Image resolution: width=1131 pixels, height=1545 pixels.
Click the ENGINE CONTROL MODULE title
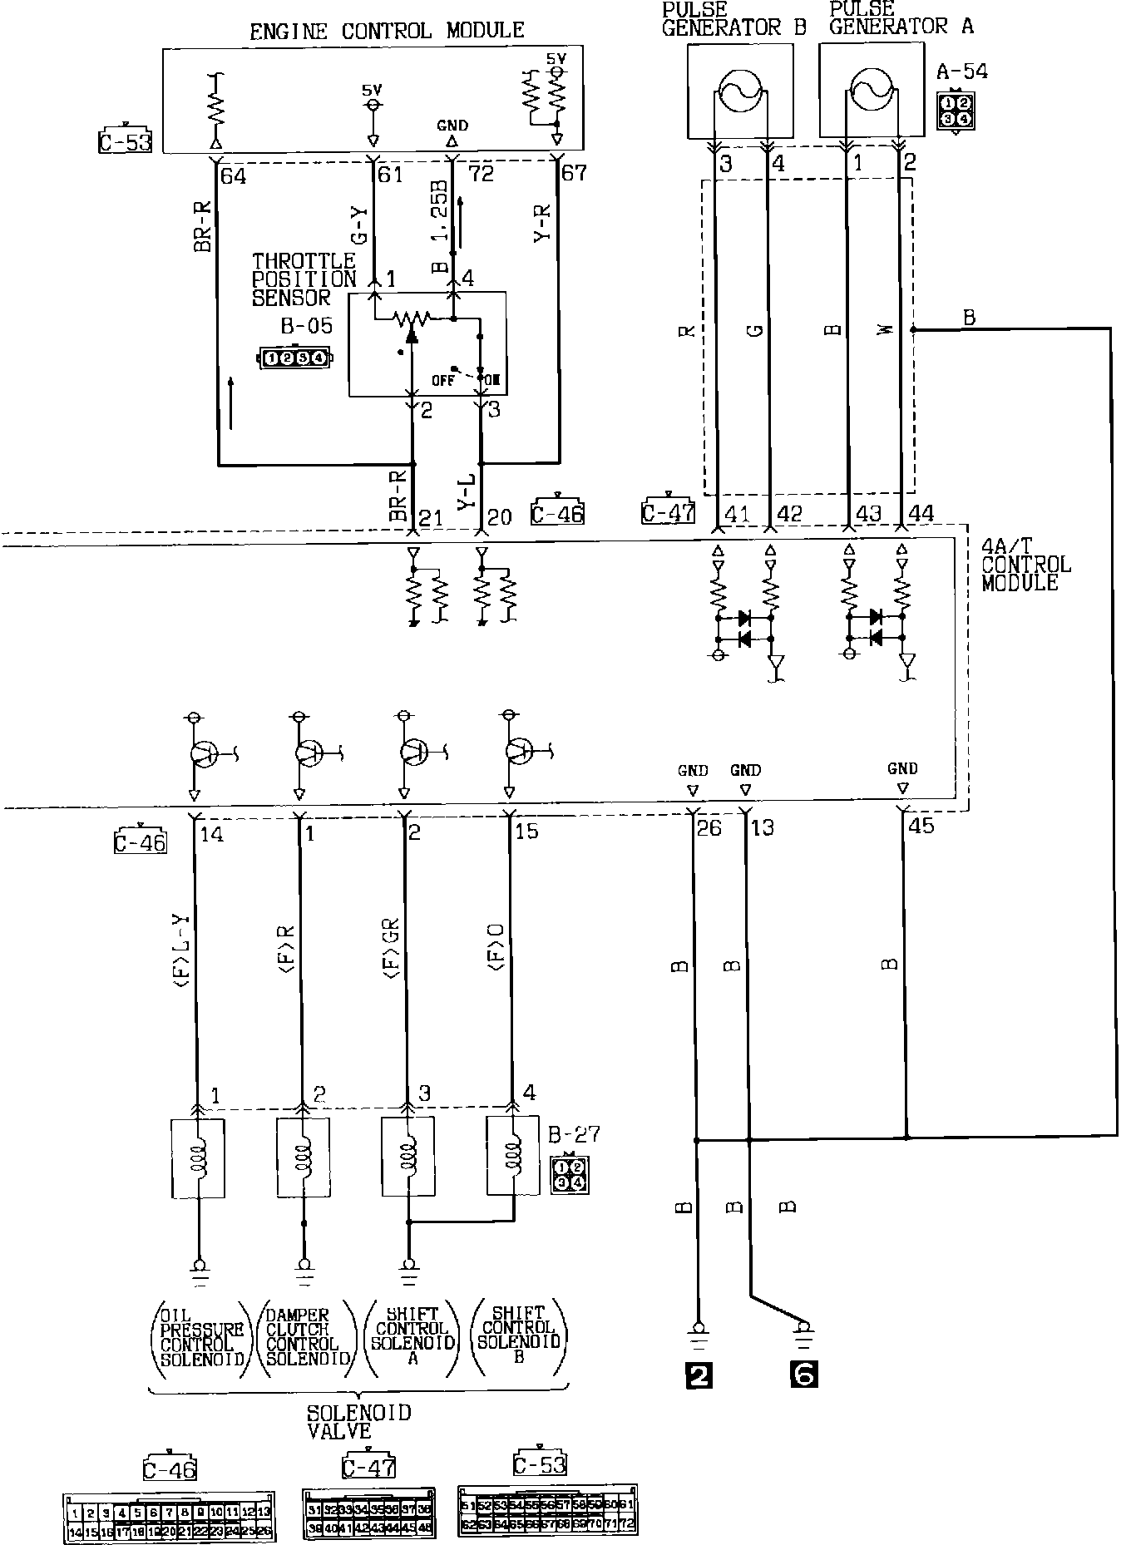coord(387,31)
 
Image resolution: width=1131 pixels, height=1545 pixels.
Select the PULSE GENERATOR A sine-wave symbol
coord(871,91)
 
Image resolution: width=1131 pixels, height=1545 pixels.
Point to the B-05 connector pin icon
coord(295,358)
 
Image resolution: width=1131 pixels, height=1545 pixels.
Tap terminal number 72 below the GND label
coord(482,174)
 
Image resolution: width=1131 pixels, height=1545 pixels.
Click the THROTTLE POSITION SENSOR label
coord(304,279)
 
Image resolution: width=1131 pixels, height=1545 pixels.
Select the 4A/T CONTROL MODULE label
coord(1026,565)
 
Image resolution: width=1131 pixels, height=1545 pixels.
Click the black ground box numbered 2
coord(698,1375)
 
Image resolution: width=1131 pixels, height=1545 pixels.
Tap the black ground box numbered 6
coord(803,1375)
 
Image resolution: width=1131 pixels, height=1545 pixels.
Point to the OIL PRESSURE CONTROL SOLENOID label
coord(202,1338)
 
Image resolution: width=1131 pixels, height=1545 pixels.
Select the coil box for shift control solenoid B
coord(513,1158)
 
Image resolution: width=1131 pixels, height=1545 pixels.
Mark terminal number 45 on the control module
coord(922,826)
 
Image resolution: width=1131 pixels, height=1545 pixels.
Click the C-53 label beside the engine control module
coord(125,142)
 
